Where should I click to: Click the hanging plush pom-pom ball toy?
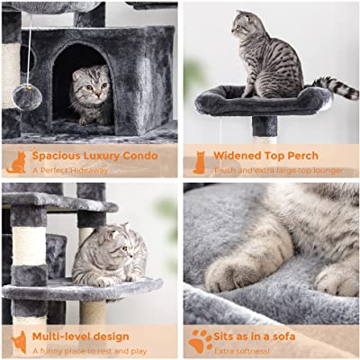[x=27, y=97]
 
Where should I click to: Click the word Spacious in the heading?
[x=57, y=156]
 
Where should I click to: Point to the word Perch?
[x=303, y=156]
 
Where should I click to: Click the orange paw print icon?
[x=201, y=341]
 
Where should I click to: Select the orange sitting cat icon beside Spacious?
[x=17, y=162]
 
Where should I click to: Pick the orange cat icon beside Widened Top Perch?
[x=199, y=163]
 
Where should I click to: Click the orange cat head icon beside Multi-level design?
[x=19, y=342]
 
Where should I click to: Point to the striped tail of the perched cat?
[x=336, y=87]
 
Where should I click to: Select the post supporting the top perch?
[x=265, y=130]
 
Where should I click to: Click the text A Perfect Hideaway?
[x=70, y=170]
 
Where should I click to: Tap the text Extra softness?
[x=242, y=350]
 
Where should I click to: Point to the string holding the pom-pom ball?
[x=30, y=49]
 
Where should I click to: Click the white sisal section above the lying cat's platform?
[x=30, y=246]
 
